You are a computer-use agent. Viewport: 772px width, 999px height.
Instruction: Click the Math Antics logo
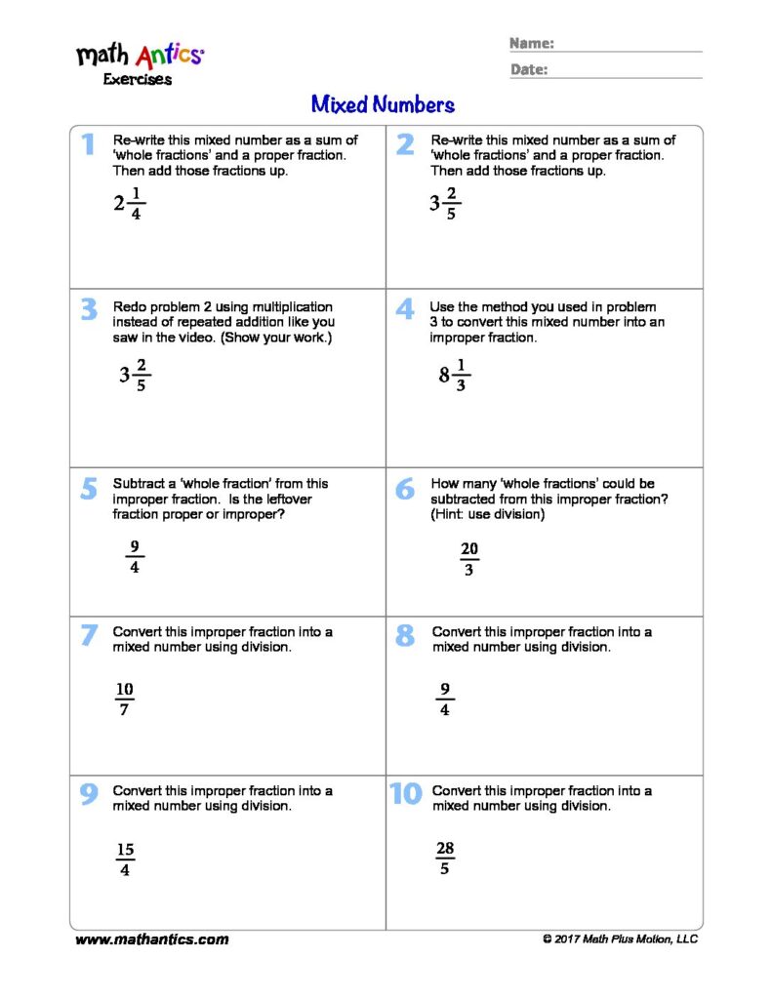pos(140,55)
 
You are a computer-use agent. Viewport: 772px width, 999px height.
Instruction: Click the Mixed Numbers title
pos(383,104)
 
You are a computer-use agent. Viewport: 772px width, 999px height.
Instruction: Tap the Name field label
pos(532,44)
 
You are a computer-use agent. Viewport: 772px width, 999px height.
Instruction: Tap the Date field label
pos(528,69)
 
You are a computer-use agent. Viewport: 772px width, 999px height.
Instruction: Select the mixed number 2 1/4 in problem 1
pos(128,204)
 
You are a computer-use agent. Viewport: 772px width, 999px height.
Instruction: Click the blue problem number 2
pos(405,144)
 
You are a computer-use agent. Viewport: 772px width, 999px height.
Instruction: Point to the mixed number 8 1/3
pos(454,376)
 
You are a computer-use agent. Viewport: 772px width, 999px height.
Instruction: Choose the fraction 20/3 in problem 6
pos(469,559)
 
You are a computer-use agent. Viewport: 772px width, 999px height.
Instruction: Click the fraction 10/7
pos(125,699)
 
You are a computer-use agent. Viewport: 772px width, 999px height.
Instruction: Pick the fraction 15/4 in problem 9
pos(125,859)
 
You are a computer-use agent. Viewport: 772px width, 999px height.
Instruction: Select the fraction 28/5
pos(445,859)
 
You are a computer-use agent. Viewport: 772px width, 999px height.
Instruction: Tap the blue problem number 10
pos(405,794)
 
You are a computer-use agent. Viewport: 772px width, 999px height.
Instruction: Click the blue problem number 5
pos(89,488)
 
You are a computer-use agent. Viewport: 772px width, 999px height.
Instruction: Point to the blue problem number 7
pos(89,635)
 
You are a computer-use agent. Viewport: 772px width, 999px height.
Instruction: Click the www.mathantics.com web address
pos(152,939)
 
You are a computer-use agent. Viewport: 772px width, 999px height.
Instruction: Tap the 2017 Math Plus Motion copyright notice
pos(620,939)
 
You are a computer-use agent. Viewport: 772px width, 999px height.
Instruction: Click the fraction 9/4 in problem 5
pos(134,557)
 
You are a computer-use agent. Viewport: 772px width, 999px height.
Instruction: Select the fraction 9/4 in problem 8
pos(445,699)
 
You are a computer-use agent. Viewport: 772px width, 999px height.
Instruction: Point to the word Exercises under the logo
pos(138,80)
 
